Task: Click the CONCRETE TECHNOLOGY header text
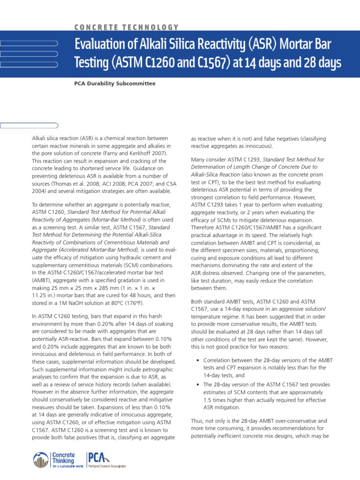(127, 28)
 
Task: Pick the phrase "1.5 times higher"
(224, 399)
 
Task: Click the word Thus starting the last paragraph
(197, 421)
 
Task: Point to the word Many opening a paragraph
(199, 160)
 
